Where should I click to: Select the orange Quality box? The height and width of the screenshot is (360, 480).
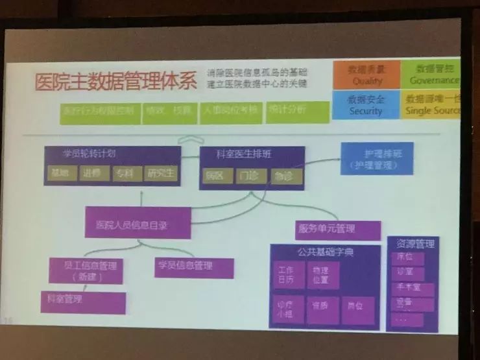pos(367,75)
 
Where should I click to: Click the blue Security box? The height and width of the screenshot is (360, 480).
pos(366,105)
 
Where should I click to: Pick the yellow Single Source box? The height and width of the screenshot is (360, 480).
pos(431,105)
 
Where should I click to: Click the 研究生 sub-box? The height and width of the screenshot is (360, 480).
pos(161,174)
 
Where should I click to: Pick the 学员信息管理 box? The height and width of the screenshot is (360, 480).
pos(193,266)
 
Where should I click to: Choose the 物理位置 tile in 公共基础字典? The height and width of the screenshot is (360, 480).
pos(322,274)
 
